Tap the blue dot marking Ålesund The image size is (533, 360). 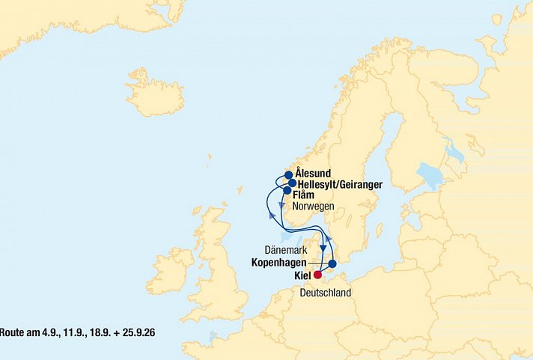(289, 176)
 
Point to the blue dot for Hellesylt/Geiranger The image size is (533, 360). (293, 183)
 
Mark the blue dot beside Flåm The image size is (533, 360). (287, 191)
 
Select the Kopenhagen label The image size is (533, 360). (281, 264)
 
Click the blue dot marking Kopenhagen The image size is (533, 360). (332, 264)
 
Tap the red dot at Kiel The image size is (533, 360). (318, 275)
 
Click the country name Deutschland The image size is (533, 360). (325, 293)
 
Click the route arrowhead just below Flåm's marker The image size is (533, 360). (281, 205)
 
